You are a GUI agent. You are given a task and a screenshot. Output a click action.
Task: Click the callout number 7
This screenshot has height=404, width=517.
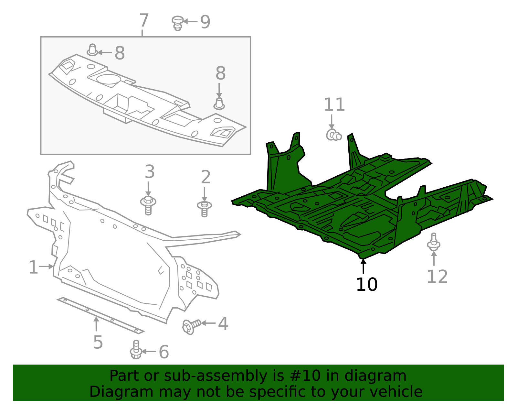pyautogui.click(x=144, y=21)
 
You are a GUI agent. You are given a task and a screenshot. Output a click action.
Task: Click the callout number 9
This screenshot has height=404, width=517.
pyautogui.click(x=205, y=22)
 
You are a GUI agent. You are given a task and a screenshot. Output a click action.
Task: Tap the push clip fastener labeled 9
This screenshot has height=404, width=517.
pyautogui.click(x=177, y=23)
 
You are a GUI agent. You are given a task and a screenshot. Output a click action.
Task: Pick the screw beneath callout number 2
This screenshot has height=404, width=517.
pyautogui.click(x=204, y=208)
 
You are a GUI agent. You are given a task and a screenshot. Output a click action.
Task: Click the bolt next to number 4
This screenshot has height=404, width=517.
pyautogui.click(x=191, y=326)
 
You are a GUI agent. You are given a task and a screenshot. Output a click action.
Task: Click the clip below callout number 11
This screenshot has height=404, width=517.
pyautogui.click(x=333, y=135)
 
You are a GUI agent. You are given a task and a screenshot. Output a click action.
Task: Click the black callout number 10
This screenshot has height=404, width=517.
pyautogui.click(x=367, y=285)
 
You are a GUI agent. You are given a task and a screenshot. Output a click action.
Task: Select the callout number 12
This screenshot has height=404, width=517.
pyautogui.click(x=437, y=277)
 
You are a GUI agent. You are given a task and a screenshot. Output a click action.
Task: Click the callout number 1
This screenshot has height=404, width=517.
pyautogui.click(x=33, y=268)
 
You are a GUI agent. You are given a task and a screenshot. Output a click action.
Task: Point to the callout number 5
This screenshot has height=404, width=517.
pyautogui.click(x=98, y=342)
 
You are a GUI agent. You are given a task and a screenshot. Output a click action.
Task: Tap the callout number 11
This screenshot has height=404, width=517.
pyautogui.click(x=334, y=105)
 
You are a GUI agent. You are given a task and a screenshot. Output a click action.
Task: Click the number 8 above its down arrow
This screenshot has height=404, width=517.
pyautogui.click(x=221, y=73)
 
